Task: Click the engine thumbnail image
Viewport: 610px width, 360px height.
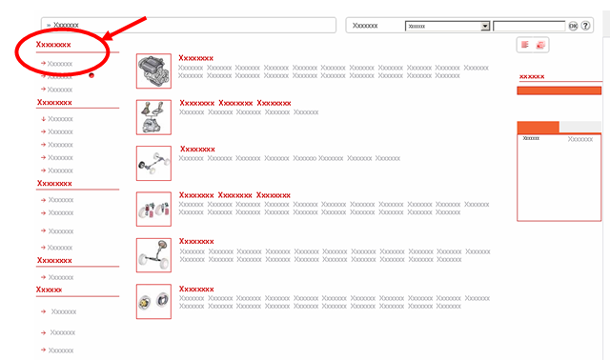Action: click(153, 70)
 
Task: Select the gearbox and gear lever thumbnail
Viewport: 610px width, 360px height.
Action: click(153, 117)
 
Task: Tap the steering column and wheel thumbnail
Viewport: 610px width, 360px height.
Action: click(153, 255)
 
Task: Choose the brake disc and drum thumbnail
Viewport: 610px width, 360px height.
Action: click(153, 301)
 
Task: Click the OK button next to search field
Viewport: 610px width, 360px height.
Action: click(573, 26)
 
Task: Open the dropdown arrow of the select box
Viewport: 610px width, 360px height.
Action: click(485, 26)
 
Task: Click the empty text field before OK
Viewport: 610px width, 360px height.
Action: click(529, 26)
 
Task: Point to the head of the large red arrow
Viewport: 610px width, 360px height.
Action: click(104, 39)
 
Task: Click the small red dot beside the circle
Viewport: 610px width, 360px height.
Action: click(91, 75)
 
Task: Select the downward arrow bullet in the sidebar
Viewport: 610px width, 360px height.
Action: click(44, 119)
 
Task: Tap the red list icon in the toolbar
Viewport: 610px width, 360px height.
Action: click(525, 45)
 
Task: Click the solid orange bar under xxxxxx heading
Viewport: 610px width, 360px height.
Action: click(559, 90)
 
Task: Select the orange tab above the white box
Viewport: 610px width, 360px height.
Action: click(538, 127)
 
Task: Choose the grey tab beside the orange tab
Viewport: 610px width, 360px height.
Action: click(580, 127)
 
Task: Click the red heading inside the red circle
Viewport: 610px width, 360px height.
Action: click(53, 45)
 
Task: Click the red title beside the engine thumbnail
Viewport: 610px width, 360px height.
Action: click(195, 58)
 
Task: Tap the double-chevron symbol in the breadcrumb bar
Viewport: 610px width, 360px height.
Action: click(49, 26)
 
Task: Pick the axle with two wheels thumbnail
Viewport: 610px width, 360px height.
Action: click(153, 163)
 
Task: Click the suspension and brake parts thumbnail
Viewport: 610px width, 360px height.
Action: click(153, 209)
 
